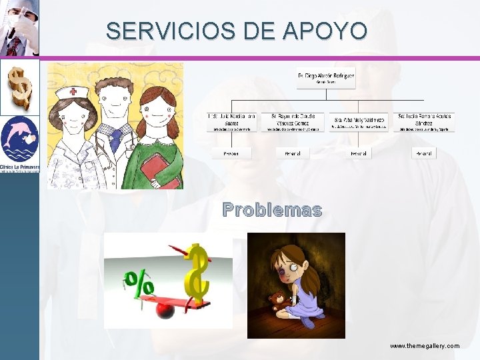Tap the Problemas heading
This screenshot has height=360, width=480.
(x=272, y=210)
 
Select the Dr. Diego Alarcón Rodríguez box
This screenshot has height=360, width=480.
(x=326, y=79)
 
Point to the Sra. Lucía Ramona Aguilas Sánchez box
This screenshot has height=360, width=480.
(x=425, y=121)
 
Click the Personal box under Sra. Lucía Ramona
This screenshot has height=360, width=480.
(x=424, y=153)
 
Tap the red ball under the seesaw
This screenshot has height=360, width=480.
(x=163, y=309)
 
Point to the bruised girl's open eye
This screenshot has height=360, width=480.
(x=292, y=273)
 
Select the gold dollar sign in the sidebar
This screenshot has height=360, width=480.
(x=18, y=87)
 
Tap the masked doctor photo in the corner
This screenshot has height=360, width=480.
(x=19, y=28)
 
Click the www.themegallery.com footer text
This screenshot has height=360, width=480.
(x=425, y=346)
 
